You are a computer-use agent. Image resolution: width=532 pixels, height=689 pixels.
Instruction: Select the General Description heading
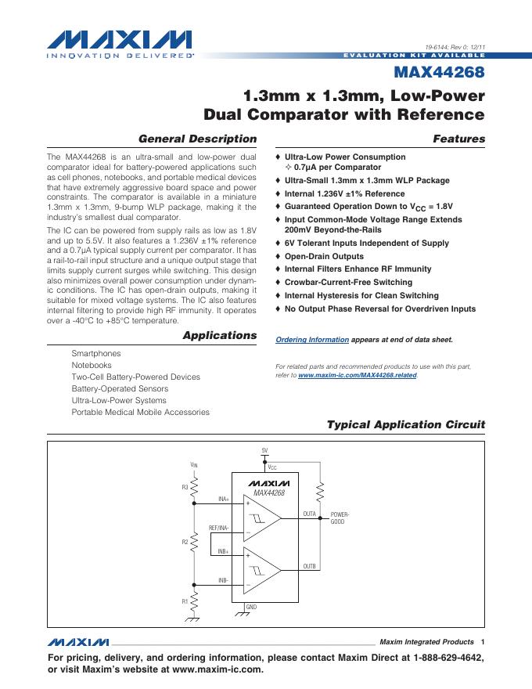click(x=197, y=139)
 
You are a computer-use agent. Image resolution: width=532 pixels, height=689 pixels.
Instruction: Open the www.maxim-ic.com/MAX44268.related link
click(x=358, y=375)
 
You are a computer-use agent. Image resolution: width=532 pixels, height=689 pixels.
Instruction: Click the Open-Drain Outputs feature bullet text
click(x=324, y=256)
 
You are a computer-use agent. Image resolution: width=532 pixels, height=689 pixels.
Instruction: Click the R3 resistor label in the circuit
click(x=185, y=487)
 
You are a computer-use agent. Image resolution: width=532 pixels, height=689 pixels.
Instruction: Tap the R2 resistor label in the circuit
click(x=185, y=542)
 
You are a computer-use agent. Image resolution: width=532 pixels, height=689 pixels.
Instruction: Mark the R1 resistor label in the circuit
click(x=185, y=601)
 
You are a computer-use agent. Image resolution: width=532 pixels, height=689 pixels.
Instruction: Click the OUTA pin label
click(x=309, y=514)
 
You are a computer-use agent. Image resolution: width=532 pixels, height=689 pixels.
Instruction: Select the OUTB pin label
click(x=309, y=566)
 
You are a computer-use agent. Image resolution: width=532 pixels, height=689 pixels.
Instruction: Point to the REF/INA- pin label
click(x=219, y=528)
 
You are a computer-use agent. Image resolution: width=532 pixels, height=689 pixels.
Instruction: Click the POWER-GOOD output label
click(x=340, y=518)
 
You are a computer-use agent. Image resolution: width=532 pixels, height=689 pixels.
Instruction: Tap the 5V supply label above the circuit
click(x=264, y=450)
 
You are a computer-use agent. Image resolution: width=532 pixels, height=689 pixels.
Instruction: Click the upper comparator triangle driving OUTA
click(x=262, y=518)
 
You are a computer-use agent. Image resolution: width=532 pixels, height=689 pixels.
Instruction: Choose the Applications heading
click(x=219, y=335)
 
